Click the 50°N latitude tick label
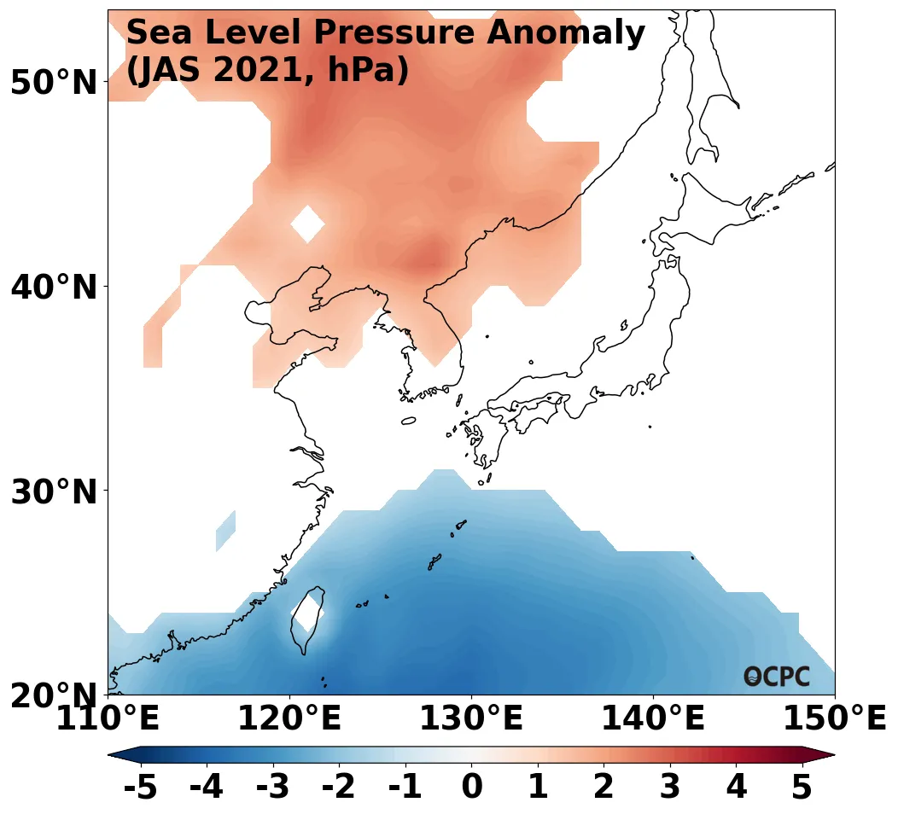pos(53,84)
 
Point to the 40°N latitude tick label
pos(53,288)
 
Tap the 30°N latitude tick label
pos(53,492)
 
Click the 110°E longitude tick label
pos(108,719)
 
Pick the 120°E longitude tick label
pos(289,719)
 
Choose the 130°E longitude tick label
pos(470,719)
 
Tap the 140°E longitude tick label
pos(652,719)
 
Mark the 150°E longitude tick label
pos(834,719)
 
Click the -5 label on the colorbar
pos(140,788)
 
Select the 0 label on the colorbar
pos(471,788)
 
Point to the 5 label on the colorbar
pos(802,788)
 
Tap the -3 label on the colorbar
pos(272,788)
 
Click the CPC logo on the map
pos(777,677)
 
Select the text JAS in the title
pos(173,70)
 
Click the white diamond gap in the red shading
pos(307,224)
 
